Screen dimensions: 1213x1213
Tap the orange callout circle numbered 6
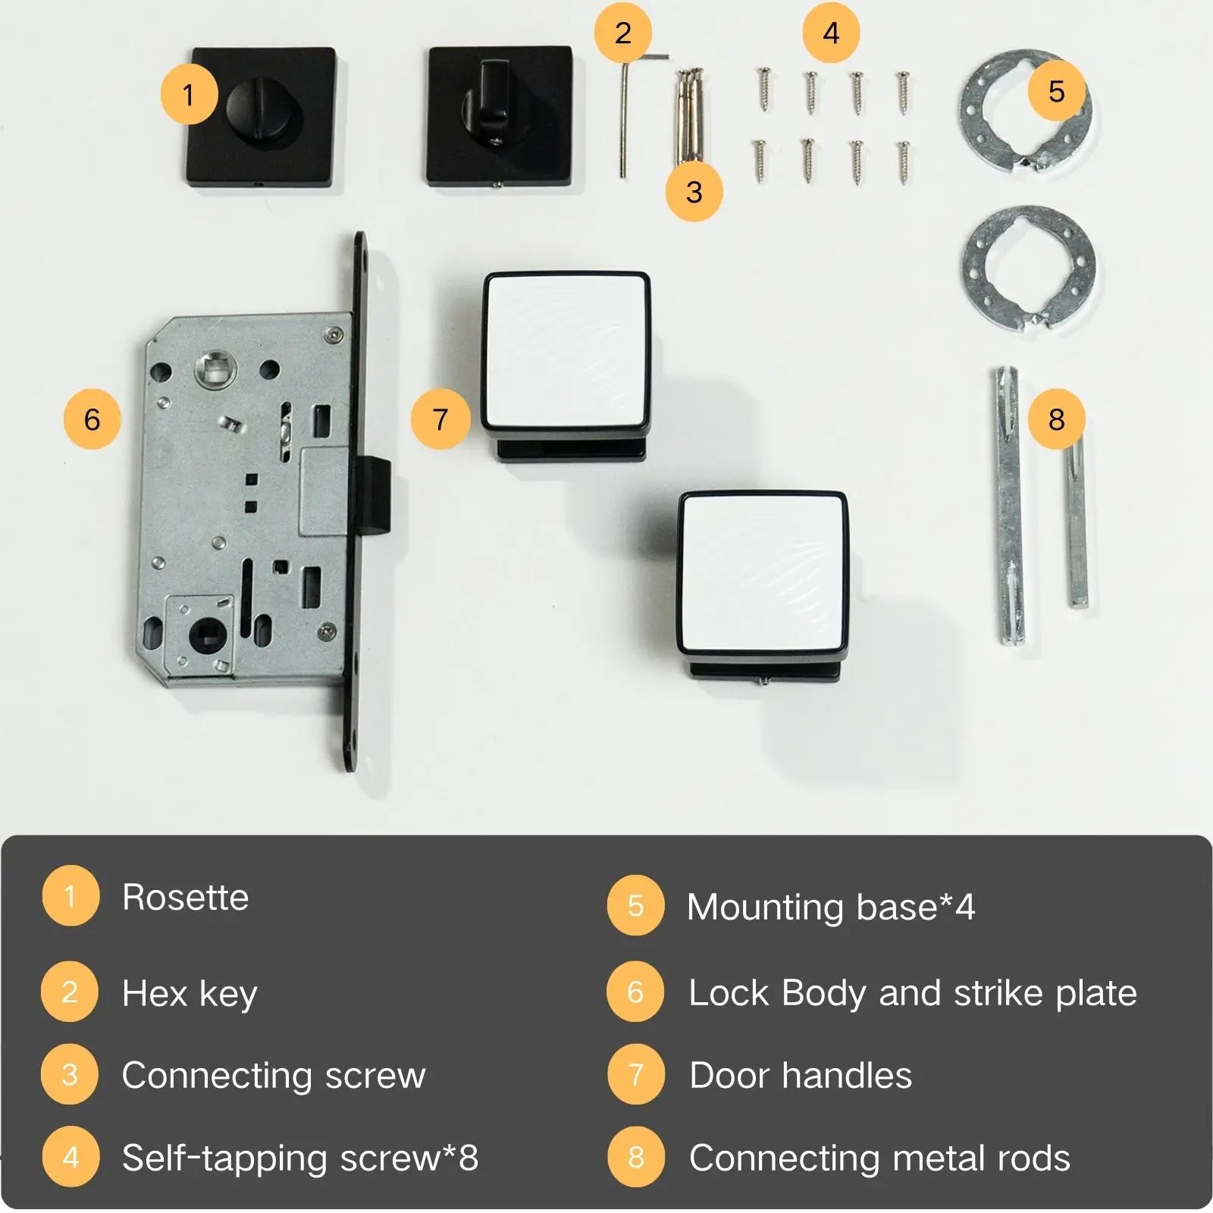92,419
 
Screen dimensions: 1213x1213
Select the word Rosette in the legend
186,898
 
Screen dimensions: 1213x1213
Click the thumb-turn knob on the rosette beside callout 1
258,114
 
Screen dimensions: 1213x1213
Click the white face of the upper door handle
566,352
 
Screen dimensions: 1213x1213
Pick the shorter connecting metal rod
1077,523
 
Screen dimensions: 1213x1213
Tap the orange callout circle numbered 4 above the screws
831,33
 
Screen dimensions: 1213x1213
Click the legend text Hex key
190,994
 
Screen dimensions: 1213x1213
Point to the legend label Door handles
801,1075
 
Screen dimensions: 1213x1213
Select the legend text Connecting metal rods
879,1158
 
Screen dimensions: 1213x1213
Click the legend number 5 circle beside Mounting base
635,906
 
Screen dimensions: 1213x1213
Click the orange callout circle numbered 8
1056,419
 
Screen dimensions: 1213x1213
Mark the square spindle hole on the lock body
215,371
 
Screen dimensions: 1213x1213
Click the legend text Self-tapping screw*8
300,1158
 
